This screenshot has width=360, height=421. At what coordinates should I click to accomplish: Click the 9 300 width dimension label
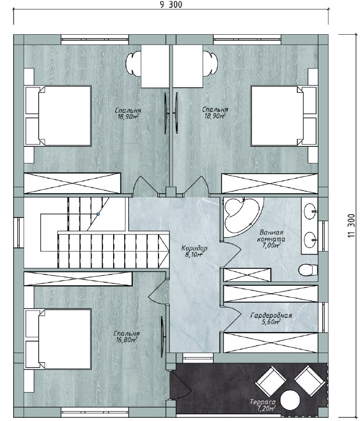tap(171, 5)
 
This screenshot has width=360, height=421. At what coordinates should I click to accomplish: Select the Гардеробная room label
tap(271, 315)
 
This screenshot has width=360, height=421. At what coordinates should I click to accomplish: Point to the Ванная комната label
tap(271, 236)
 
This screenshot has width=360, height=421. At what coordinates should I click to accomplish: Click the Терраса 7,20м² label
tap(263, 405)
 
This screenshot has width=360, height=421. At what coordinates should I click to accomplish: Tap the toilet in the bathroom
tap(308, 270)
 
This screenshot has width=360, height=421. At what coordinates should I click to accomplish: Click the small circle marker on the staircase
tap(98, 214)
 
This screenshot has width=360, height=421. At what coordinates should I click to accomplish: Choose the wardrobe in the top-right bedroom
tap(269, 183)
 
